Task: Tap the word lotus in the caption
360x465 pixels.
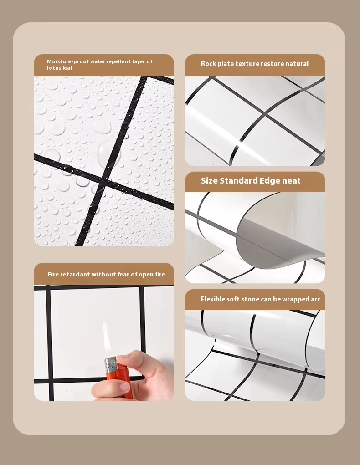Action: [x=54, y=68]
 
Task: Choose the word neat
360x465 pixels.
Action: [x=291, y=181]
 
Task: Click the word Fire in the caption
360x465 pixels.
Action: [x=53, y=274]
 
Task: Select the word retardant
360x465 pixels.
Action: [x=75, y=274]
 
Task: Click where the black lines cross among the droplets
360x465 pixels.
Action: [x=104, y=180]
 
